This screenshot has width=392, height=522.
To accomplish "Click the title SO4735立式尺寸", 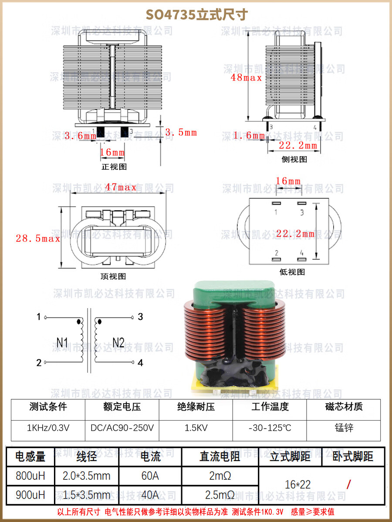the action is [x=196, y=15].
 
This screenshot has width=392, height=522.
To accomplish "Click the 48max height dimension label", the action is [x=246, y=77].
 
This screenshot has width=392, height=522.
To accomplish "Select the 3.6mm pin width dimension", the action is [x=80, y=136].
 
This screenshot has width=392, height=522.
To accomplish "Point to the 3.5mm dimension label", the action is [x=181, y=133].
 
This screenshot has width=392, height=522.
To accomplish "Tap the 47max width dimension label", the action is [x=121, y=187].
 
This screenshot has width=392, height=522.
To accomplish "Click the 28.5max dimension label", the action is [x=38, y=238].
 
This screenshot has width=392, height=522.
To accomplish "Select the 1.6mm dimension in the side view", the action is [x=249, y=136].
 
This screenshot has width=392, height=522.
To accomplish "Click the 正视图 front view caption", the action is [x=114, y=167].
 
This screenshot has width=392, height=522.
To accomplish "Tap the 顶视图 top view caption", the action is [x=113, y=276].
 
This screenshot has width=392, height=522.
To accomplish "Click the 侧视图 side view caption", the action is [x=294, y=159].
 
